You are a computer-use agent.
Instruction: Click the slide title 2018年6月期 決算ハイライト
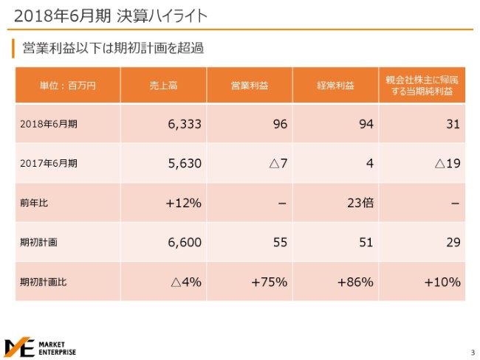pyautogui.click(x=111, y=15)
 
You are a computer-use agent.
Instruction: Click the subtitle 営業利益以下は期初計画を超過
pyautogui.click(x=112, y=49)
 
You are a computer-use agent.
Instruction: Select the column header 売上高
pyautogui.click(x=163, y=85)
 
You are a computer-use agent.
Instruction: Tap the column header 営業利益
pyautogui.click(x=250, y=85)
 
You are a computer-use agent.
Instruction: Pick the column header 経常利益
pyautogui.click(x=336, y=85)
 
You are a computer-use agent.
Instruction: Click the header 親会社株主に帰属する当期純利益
pyautogui.click(x=423, y=85)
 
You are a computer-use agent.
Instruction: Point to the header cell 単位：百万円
pyautogui.click(x=67, y=85)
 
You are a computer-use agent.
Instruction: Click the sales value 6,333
pyautogui.click(x=185, y=124)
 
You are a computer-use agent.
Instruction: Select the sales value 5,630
pyautogui.click(x=185, y=164)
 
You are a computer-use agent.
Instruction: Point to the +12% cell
pyautogui.click(x=184, y=203)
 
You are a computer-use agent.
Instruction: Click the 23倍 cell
pyautogui.click(x=360, y=203)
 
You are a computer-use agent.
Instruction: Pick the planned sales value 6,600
pyautogui.click(x=185, y=242)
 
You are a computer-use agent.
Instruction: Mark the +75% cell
pyautogui.click(x=269, y=282)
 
